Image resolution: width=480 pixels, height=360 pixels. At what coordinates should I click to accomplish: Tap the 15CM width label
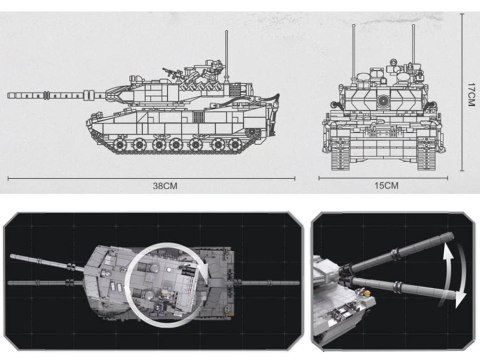pos(384,185)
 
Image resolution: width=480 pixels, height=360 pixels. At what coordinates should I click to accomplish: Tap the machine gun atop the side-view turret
pos(178,71)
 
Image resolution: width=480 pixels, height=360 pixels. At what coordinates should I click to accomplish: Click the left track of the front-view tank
pos(339,150)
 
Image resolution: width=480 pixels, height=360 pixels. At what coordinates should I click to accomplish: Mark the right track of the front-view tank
pos(429,150)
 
